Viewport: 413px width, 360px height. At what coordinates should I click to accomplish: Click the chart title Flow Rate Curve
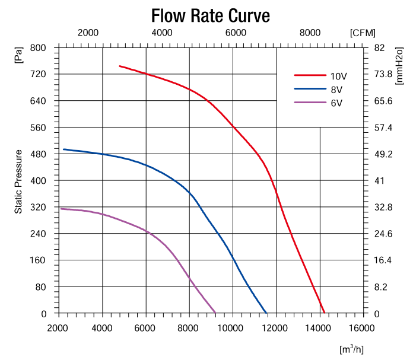[211, 14]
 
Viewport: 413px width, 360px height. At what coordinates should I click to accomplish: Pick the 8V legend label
[336, 90]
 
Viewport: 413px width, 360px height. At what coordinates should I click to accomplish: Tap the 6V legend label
[336, 103]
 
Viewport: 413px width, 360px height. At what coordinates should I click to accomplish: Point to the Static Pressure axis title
[19, 181]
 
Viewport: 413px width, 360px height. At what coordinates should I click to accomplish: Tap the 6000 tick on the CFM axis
[236, 33]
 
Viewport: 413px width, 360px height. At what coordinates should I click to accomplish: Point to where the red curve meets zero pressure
[325, 313]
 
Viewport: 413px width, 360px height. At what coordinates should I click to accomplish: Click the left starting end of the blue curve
[63, 149]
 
